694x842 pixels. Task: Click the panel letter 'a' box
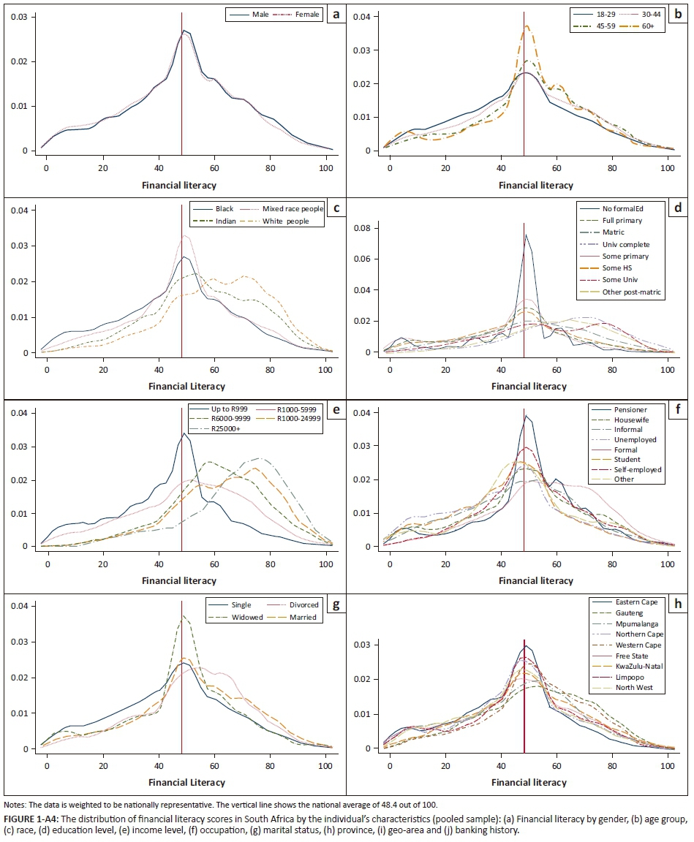pos(334,15)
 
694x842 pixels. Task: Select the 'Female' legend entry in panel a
pos(306,15)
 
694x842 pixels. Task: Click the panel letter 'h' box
pos(679,602)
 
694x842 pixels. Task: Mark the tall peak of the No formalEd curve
pos(526,235)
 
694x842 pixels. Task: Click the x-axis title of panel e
pos(182,580)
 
